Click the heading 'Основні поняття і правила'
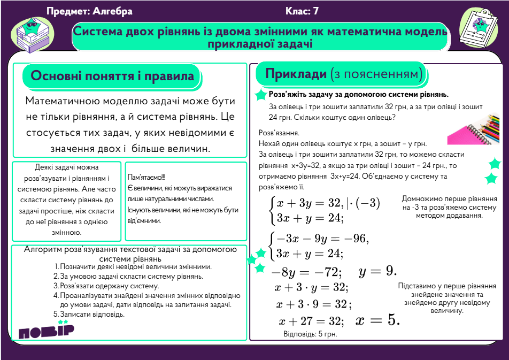coord(112,76)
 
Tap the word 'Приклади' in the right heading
coord(296,73)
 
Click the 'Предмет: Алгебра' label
coord(89,11)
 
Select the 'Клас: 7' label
coord(302,11)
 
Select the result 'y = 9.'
coord(377,271)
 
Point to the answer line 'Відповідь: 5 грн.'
coord(310,334)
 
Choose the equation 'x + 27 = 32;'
coord(311,321)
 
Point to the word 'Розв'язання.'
coord(279,133)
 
